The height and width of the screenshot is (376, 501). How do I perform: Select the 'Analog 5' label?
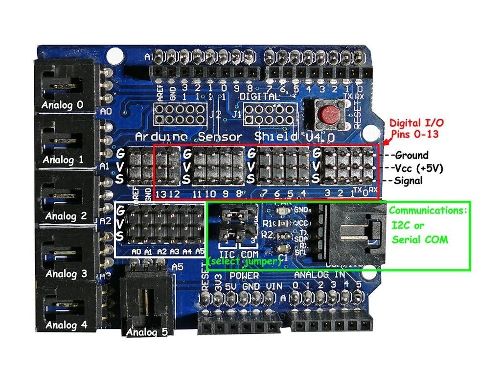pos(147,332)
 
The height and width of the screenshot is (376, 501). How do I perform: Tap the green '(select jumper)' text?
pos(244,261)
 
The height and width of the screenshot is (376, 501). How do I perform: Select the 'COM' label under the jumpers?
pos(250,255)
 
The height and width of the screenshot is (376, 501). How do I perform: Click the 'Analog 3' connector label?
pos(66,274)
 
